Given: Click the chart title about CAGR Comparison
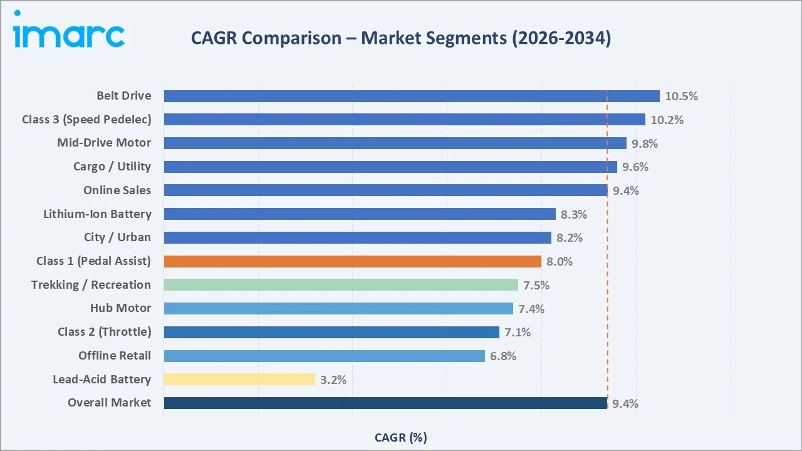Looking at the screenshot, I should coord(401,38).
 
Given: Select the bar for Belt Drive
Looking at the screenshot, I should coord(412,96).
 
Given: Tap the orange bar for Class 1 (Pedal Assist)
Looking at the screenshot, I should coord(352,261).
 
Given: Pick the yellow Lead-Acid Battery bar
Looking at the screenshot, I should coord(239,379).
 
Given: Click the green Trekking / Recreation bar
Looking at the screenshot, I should coord(341,285).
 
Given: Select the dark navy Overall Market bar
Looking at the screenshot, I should coord(385,403).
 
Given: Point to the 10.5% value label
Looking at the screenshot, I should coord(681,96).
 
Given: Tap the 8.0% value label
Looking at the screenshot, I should coord(560,262).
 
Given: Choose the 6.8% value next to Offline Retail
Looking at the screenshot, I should coord(503,356).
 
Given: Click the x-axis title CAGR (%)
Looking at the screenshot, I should coord(401,437).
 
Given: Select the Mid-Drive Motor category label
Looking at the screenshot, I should coord(104,143).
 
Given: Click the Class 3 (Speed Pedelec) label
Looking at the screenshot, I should coord(86,119).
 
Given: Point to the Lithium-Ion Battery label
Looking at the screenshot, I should coord(97,214).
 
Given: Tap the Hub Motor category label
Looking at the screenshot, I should coord(120,308).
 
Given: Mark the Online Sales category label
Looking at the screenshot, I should coord(117,190).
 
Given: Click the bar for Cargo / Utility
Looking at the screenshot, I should coord(390,167).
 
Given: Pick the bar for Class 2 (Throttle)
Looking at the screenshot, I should coord(331,332).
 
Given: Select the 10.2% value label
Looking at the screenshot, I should coord(667,120).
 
